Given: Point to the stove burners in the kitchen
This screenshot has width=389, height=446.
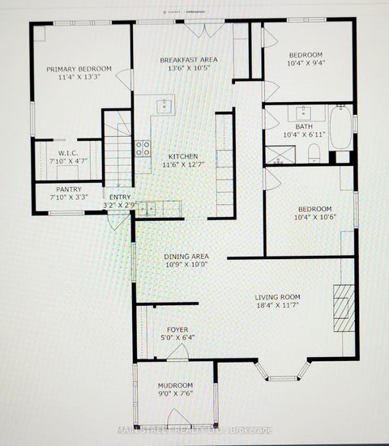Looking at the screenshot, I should [x=143, y=148].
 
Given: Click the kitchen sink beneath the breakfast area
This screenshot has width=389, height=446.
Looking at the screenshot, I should [x=165, y=104].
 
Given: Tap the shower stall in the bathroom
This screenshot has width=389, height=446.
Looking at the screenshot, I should [x=284, y=151].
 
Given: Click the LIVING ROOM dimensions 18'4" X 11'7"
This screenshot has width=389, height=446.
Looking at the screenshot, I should [x=278, y=307].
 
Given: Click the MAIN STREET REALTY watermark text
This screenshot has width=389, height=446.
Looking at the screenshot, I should [x=194, y=430].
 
